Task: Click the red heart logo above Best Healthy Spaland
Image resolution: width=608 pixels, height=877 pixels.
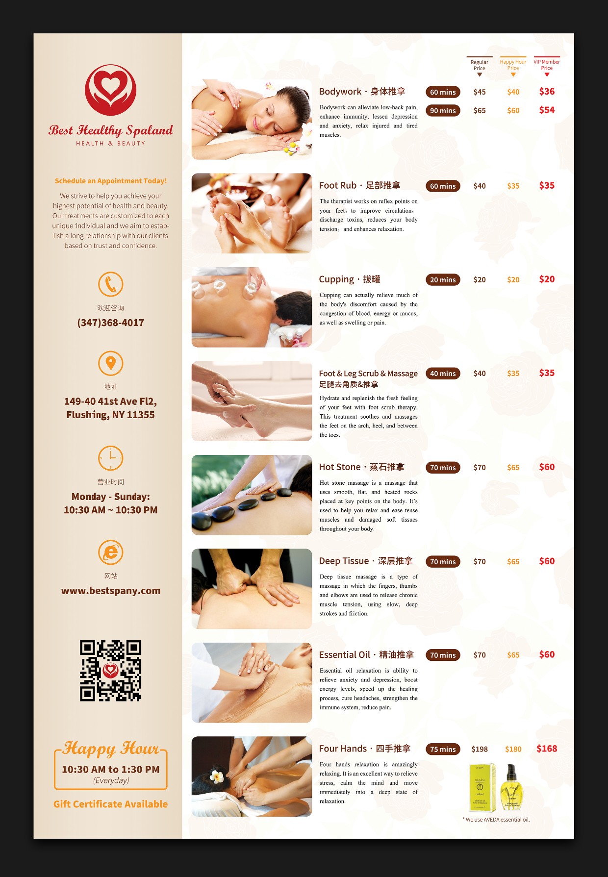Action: [110, 90]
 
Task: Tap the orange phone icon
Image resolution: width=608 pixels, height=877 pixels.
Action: [110, 284]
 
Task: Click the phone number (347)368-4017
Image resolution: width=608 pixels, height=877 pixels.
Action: [110, 323]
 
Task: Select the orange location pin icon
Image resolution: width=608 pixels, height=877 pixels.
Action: [110, 363]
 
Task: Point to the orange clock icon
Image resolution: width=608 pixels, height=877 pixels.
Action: [110, 458]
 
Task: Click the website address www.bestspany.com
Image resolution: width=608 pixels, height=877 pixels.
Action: [111, 591]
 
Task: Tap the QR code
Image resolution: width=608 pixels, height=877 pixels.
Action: [111, 671]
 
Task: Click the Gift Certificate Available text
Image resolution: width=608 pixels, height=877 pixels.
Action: [110, 804]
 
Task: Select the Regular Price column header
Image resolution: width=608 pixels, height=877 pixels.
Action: [480, 65]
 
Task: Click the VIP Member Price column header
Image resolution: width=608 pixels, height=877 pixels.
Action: [547, 65]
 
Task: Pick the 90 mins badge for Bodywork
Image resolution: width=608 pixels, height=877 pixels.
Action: [443, 111]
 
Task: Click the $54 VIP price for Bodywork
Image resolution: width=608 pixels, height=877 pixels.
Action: [547, 110]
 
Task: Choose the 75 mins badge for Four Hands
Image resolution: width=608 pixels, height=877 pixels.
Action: [443, 749]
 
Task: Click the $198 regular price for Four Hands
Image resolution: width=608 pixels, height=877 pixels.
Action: [480, 749]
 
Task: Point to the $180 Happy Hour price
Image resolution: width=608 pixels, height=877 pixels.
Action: [513, 749]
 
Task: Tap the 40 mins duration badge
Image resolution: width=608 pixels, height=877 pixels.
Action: [443, 374]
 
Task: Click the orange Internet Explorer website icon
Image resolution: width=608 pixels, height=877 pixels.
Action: [110, 552]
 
